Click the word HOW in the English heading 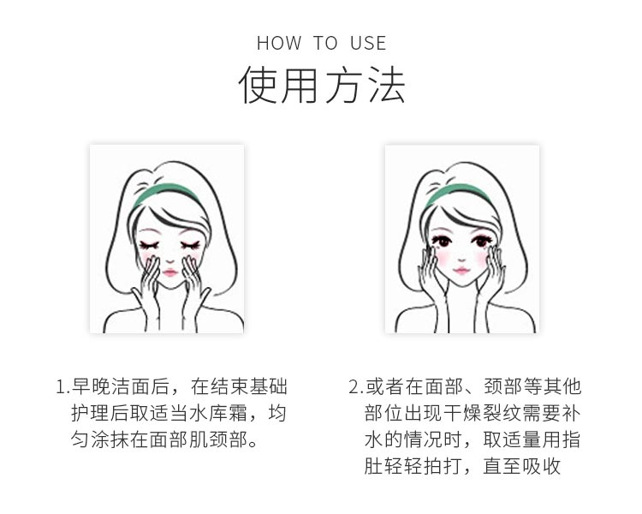279,43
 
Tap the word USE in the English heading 368,43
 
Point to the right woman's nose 461,255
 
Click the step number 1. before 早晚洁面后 62,387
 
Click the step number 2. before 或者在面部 355,387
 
